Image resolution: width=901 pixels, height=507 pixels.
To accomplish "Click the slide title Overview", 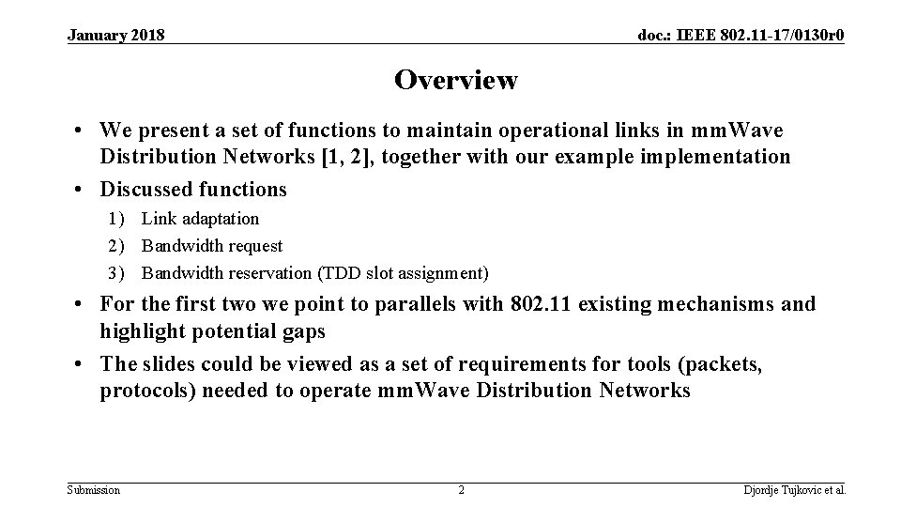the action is click(x=455, y=81).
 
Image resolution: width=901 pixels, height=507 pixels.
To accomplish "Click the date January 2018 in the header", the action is click(x=116, y=36).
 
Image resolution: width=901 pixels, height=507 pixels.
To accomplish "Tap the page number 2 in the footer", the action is click(x=461, y=490).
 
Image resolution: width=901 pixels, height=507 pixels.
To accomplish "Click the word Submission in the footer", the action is click(x=94, y=490).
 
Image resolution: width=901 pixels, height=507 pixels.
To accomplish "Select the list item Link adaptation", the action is click(x=200, y=219).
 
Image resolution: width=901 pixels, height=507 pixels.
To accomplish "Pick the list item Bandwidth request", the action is click(x=211, y=246).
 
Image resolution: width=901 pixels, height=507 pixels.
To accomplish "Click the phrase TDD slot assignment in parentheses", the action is click(x=405, y=273).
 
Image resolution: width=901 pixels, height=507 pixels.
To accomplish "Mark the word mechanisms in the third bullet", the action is click(x=719, y=304).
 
